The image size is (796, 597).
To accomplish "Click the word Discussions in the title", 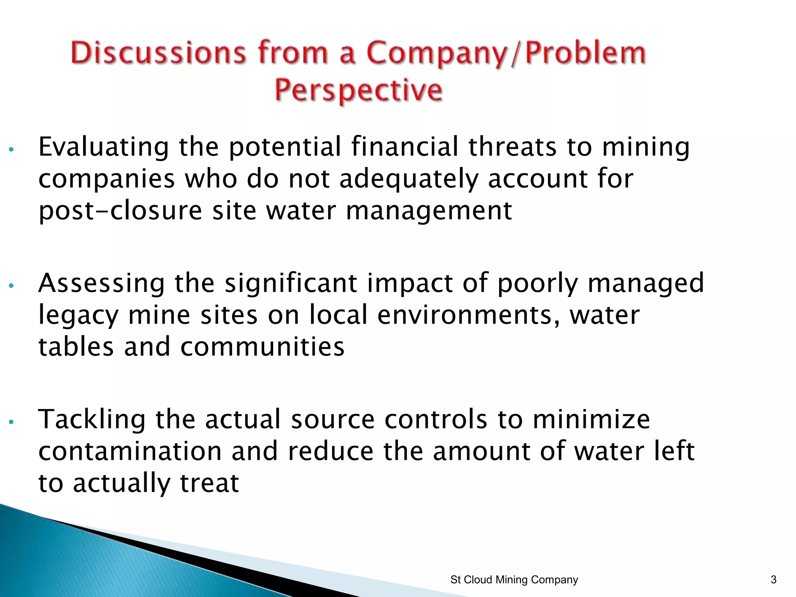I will (158, 53).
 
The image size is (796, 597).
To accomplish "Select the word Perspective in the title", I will (359, 91).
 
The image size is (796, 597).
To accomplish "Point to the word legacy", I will (78, 316).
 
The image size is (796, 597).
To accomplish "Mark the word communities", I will (262, 346).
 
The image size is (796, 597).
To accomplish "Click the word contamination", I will (130, 451).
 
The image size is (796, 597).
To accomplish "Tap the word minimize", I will (591, 419).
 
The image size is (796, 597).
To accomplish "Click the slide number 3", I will (773, 580).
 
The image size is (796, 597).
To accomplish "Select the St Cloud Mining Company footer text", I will (514, 580).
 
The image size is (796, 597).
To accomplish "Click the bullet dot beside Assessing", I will (11, 286).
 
